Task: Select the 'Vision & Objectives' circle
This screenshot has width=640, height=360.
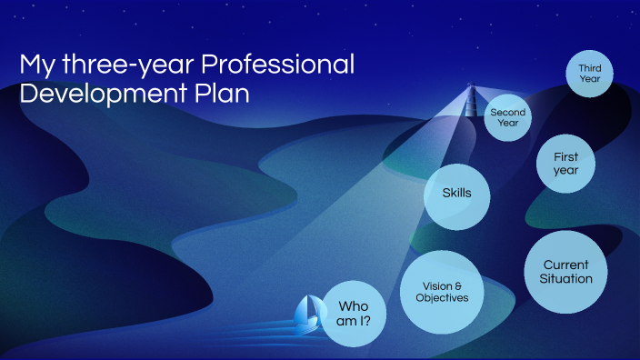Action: [x=442, y=292]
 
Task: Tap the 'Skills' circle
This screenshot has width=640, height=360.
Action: [x=455, y=193]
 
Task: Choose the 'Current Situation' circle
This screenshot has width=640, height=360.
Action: [x=566, y=272]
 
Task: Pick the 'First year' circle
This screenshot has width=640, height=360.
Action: [x=565, y=164]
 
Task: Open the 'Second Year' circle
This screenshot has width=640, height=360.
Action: [x=507, y=118]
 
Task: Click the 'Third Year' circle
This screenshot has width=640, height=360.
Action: [x=589, y=73]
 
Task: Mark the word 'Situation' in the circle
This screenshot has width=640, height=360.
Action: [x=566, y=279]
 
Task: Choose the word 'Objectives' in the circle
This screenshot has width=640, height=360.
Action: [x=442, y=298]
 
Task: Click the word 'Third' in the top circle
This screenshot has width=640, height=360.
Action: [x=589, y=67]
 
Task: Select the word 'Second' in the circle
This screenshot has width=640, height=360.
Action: [x=507, y=113]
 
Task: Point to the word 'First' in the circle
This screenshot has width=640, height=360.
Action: [x=565, y=157]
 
